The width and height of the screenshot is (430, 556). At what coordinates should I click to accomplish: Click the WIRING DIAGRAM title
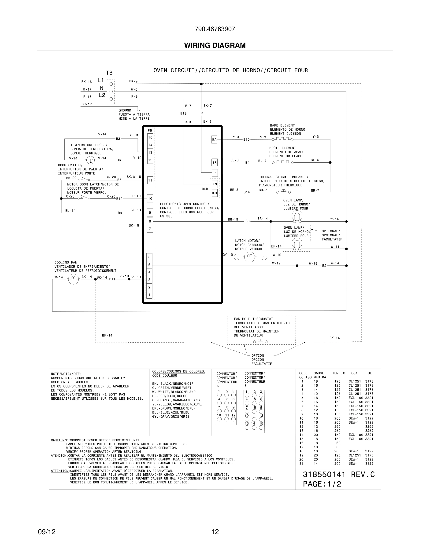215,45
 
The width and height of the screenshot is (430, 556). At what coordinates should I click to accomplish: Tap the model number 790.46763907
215,29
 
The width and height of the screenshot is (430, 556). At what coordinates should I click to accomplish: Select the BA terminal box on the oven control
214,139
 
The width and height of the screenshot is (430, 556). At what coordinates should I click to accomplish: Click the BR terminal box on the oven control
214,162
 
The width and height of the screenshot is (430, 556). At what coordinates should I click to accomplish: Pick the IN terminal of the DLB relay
215,184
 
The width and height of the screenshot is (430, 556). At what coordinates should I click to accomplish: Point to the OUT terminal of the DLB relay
215,193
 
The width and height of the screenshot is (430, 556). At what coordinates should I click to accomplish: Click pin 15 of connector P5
150,137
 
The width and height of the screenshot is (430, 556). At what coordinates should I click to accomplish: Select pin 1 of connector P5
149,295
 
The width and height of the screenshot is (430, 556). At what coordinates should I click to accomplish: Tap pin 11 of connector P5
150,180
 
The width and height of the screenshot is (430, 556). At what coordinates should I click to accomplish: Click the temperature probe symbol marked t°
90,160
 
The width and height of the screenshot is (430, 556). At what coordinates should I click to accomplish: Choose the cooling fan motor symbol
73,279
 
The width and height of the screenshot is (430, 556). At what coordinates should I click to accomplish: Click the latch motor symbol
250,257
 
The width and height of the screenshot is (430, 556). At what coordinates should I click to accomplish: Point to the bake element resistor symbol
282,139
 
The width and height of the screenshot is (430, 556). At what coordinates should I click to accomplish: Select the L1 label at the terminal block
101,80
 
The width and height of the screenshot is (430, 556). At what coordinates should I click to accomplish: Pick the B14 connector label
246,192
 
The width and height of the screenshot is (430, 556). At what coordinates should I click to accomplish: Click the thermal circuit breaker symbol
284,191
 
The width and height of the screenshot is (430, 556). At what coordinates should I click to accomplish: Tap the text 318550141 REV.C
339,475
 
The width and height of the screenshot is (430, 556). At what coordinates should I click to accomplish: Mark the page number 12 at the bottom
215,532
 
